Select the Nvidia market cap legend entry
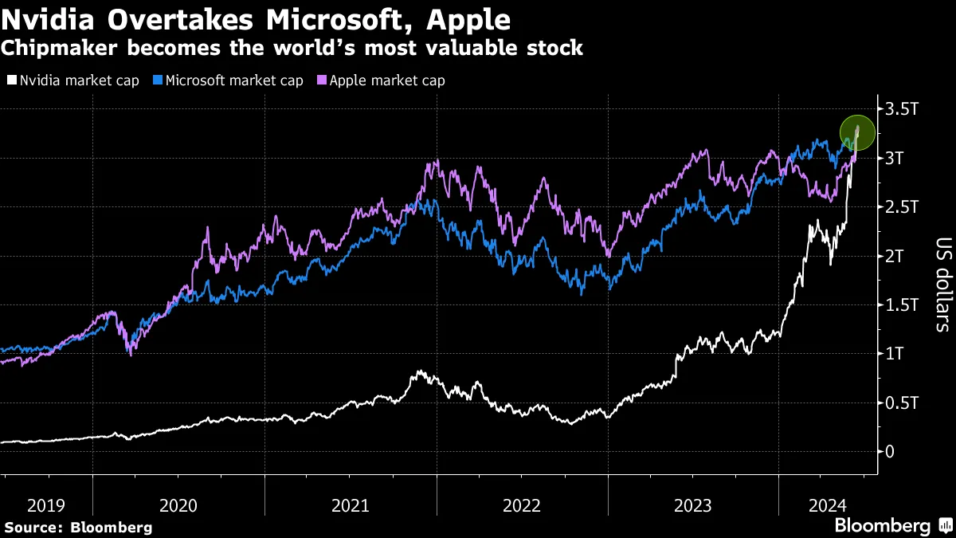(x=75, y=81)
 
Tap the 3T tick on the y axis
(x=893, y=158)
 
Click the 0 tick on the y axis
(x=888, y=452)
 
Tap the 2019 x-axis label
(x=46, y=505)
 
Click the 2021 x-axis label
(x=351, y=505)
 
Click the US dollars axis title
(x=942, y=284)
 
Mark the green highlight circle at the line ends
(x=858, y=132)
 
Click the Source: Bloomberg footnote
(x=78, y=527)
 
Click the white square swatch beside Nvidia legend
(x=11, y=81)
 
